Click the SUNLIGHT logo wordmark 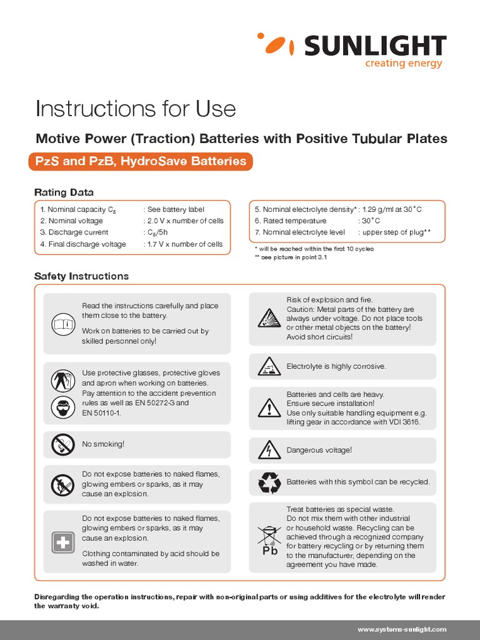375,46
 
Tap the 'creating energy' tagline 404,64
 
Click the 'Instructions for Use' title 136,109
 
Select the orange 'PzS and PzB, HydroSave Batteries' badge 141,161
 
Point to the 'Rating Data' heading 64,192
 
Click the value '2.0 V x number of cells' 185,221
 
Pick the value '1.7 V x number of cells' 185,244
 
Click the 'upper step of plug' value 397,232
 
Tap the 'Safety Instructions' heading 81,276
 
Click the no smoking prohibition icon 62,444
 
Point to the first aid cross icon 62,543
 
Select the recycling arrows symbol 269,482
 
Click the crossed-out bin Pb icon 269,539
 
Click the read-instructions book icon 62,324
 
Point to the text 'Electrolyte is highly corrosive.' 336,366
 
